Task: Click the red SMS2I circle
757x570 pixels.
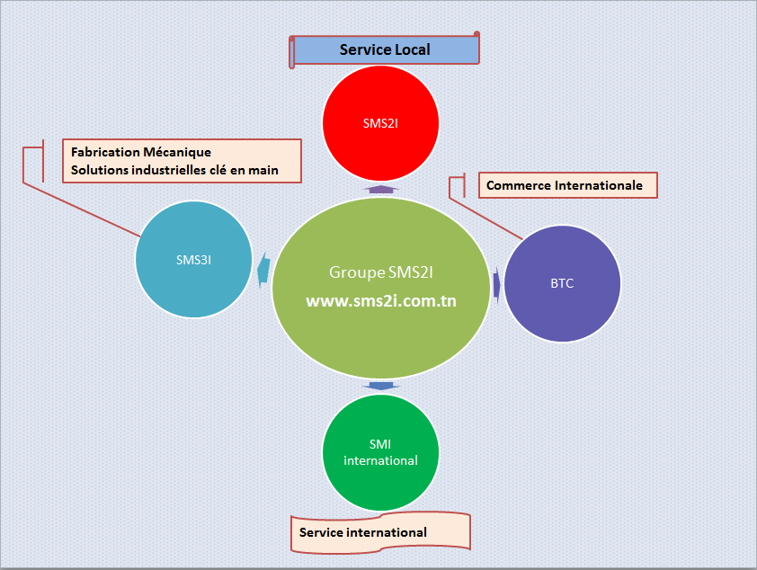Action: tap(380, 123)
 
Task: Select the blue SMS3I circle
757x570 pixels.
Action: tap(193, 260)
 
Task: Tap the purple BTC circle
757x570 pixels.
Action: tap(562, 283)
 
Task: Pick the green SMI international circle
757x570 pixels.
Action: tap(380, 452)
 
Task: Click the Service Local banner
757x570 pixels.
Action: tap(384, 49)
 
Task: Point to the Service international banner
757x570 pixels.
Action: tap(380, 532)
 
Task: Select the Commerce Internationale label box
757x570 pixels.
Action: tap(568, 185)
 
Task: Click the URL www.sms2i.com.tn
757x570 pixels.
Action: tap(381, 300)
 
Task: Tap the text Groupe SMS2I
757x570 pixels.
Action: tap(381, 272)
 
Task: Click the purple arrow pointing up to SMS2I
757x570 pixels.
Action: tap(381, 189)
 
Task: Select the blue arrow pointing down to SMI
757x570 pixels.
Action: tap(381, 386)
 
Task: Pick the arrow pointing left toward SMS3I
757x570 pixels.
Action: tap(263, 270)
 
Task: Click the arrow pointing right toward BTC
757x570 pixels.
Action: tap(496, 285)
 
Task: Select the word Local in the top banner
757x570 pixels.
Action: tap(412, 49)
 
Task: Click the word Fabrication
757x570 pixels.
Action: tap(105, 152)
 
